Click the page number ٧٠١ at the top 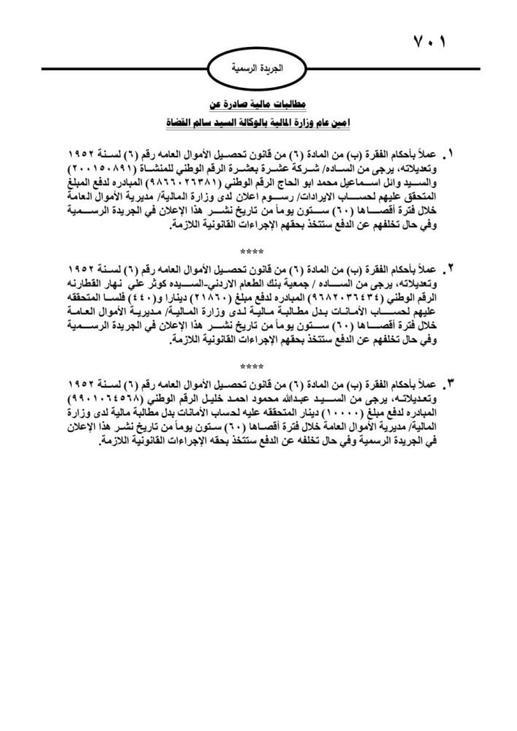[x=429, y=41]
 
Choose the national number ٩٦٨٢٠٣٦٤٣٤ [x=352, y=298]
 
